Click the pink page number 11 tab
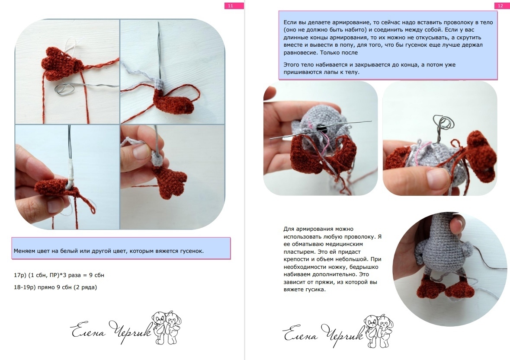coord(234,6)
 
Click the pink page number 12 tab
coord(500,6)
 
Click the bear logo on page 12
coord(378,331)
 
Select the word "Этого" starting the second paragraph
coord(292,65)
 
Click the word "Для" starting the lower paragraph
coord(288,229)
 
